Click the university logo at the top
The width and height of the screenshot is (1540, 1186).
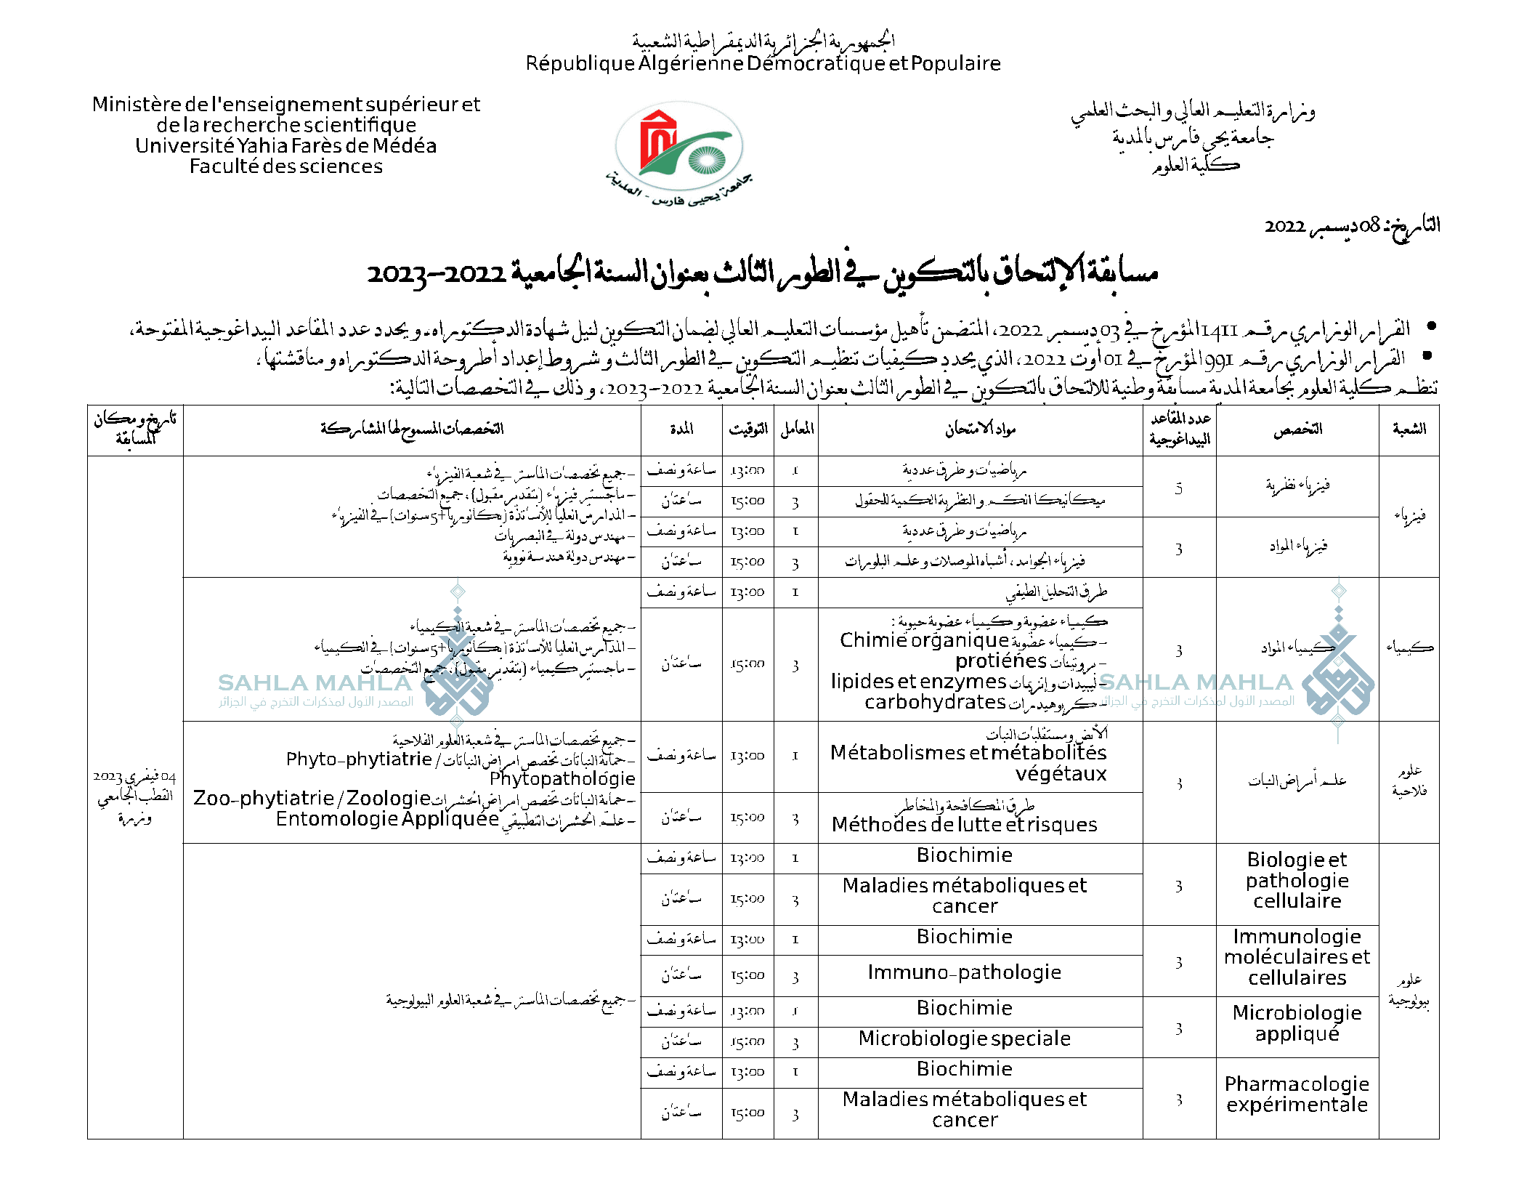(x=679, y=149)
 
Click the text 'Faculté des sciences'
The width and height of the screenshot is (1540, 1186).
(x=286, y=167)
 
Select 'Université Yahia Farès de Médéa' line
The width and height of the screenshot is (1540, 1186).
(x=286, y=146)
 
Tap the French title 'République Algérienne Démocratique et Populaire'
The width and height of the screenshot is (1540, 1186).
(x=763, y=64)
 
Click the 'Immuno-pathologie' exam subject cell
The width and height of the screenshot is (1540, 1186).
(x=965, y=972)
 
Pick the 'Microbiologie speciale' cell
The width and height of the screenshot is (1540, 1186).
(x=965, y=1039)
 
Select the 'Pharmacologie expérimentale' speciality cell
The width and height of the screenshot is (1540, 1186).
(x=1297, y=1094)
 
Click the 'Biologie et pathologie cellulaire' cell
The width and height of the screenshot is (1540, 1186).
(x=1297, y=880)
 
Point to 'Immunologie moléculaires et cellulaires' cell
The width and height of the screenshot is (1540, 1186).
(x=1297, y=957)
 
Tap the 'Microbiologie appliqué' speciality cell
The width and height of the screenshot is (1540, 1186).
(x=1297, y=1023)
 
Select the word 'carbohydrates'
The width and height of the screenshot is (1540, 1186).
(x=935, y=703)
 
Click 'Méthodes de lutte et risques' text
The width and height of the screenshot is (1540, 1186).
(x=965, y=825)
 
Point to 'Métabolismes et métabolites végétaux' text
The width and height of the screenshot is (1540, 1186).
(x=969, y=763)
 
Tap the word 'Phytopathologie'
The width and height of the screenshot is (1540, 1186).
(x=562, y=779)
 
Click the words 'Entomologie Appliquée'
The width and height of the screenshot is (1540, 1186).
(x=387, y=819)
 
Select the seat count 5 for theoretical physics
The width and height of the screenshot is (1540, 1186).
(x=1179, y=488)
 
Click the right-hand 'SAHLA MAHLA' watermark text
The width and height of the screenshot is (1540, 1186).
(x=1196, y=682)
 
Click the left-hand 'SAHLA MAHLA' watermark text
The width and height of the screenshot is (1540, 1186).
(x=315, y=683)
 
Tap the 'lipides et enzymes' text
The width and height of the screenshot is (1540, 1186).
(x=919, y=682)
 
